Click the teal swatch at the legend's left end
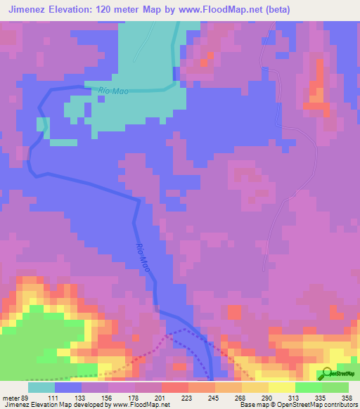41,387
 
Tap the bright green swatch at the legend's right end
335,387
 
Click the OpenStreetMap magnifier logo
326,375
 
